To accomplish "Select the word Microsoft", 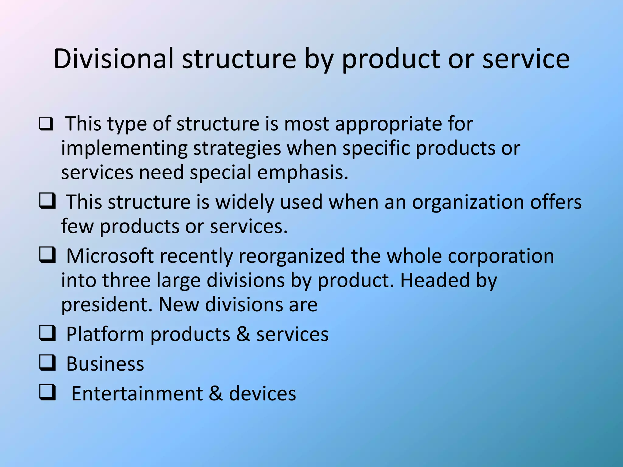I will click(110, 256).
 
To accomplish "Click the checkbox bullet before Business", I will click(47, 363).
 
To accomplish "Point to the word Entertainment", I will click(137, 393).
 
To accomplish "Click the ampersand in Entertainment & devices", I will click(216, 393).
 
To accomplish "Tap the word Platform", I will click(105, 334).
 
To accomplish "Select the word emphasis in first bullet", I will click(302, 172).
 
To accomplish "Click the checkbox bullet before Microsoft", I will click(47, 255).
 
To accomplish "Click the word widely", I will click(245, 202).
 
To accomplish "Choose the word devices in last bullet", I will click(262, 393).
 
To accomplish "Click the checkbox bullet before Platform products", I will click(47, 333).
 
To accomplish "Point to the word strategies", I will click(237, 148).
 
